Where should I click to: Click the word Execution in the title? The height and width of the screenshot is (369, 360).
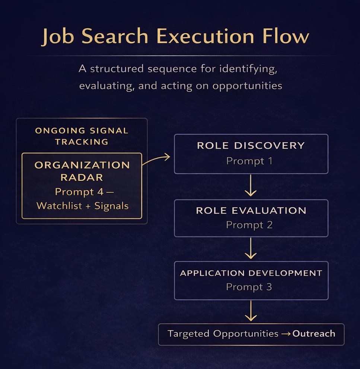point(203,36)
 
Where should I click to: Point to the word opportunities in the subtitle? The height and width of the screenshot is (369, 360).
point(247,86)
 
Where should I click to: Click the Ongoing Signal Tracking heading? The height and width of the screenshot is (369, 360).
point(82,136)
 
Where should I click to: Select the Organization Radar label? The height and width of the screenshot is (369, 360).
point(82,171)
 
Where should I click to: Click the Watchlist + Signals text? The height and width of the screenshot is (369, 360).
point(82,206)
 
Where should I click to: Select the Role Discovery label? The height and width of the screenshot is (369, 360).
point(251,145)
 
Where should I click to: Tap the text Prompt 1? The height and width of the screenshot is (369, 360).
point(249,161)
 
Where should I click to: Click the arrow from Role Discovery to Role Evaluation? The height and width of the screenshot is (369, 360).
point(251,186)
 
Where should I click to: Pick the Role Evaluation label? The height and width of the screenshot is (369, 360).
point(251,211)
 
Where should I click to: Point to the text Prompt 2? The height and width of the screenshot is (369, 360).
point(249,225)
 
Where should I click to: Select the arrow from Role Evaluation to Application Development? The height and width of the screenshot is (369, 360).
point(251,248)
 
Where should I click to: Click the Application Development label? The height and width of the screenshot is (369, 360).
point(251,273)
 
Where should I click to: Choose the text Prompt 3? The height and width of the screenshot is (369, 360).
point(249,287)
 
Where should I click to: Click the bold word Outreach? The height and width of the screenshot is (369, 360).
point(314,334)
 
